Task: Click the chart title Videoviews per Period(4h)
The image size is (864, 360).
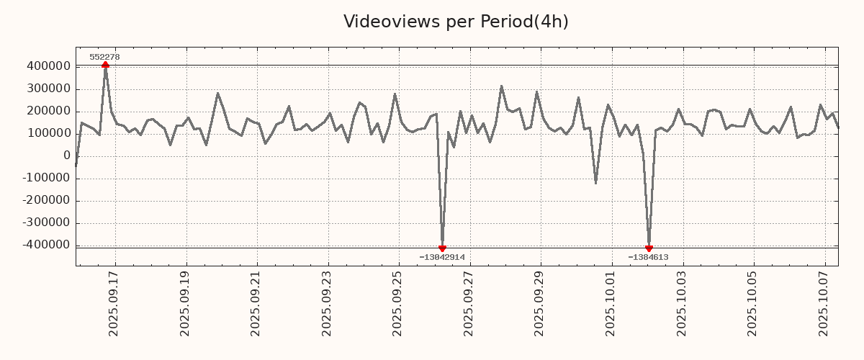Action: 456,22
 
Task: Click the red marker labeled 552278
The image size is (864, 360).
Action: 105,65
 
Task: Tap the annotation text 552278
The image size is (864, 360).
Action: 104,57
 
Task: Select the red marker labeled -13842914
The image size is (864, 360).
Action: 442,248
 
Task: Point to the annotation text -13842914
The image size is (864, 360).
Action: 442,257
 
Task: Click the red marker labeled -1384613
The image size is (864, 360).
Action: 649,248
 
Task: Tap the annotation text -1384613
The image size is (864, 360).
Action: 648,257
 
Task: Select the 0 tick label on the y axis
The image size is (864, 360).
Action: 66,156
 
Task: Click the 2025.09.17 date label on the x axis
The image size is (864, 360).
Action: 114,303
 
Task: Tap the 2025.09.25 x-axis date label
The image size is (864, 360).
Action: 398,303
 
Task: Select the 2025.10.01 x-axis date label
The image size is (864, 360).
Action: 611,303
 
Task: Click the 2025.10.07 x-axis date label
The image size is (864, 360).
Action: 824,303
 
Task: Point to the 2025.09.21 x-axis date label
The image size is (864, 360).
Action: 256,303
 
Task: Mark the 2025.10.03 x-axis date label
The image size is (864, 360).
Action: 683,303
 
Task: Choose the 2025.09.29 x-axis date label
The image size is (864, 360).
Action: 540,303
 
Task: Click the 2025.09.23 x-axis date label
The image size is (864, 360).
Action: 327,303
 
